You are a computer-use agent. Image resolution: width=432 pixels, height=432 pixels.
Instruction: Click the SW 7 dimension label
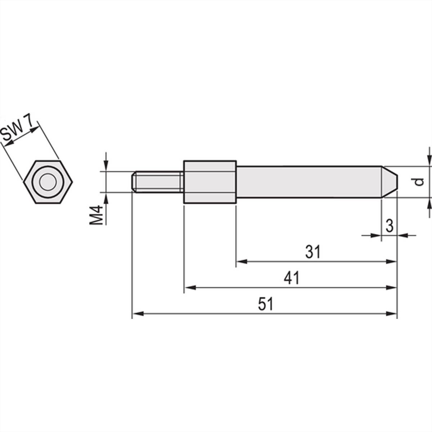click(x=19, y=132)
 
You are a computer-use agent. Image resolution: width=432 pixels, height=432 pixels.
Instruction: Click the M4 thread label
click(x=96, y=215)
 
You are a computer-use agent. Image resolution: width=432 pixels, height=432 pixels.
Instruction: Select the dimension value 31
click(x=312, y=252)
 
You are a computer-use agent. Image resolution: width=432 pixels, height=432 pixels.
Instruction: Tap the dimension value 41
click(x=291, y=278)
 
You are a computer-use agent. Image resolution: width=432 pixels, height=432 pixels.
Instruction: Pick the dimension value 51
click(x=266, y=305)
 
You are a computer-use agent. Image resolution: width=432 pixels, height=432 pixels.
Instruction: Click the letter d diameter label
click(x=418, y=182)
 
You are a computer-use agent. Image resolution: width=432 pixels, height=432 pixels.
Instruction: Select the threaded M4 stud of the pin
click(x=157, y=182)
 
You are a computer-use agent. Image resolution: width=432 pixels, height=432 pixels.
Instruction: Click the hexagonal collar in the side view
click(x=210, y=182)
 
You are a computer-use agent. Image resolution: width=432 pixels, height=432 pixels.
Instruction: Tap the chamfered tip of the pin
click(x=390, y=182)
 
